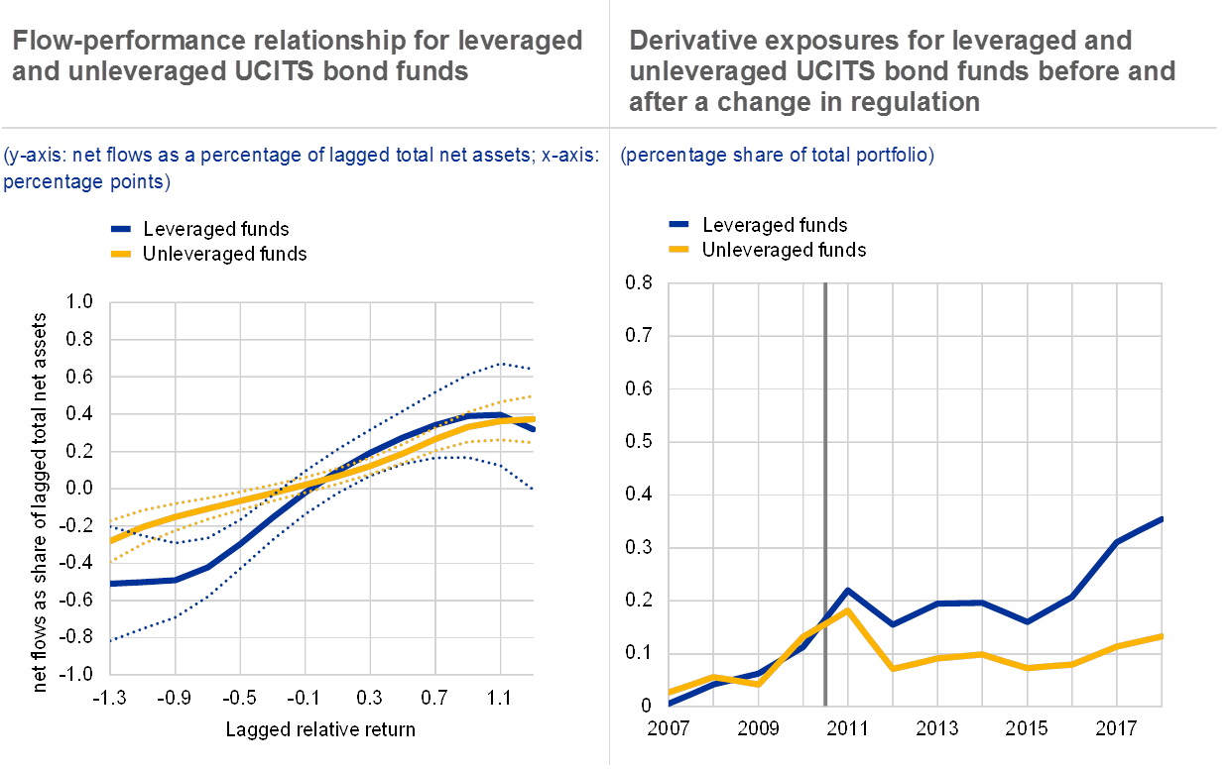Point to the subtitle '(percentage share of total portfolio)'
pyautogui.click(x=777, y=156)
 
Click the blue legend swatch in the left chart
pyautogui.click(x=120, y=229)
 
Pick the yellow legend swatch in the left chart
pyautogui.click(x=120, y=254)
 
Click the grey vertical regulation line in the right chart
pyautogui.click(x=826, y=496)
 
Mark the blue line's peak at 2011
pyautogui.click(x=848, y=590)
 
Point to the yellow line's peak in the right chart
pyautogui.click(x=848, y=608)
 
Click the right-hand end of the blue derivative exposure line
pyautogui.click(x=1161, y=518)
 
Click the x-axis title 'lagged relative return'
pyautogui.click(x=323, y=730)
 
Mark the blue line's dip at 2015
pyautogui.click(x=1027, y=621)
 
